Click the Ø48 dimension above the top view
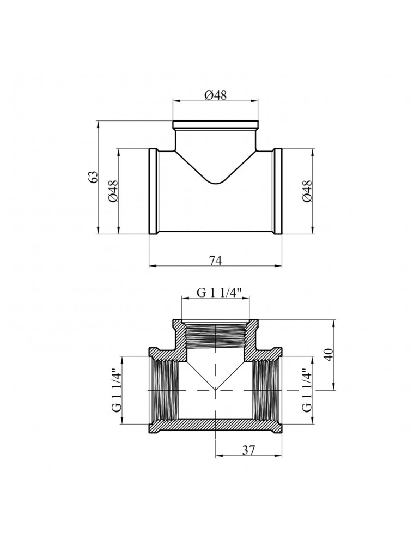tap(215, 95)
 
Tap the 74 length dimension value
tap(215, 260)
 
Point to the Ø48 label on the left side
tap(114, 191)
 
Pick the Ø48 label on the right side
tap(307, 191)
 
